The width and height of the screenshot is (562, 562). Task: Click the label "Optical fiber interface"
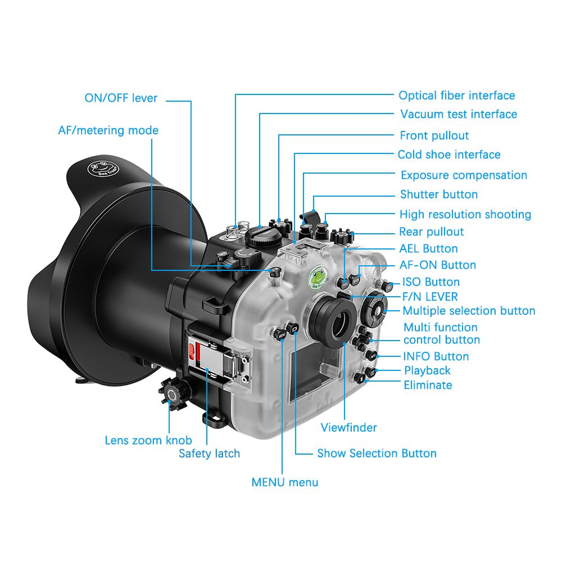[456, 96]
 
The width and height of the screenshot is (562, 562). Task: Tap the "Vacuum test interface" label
[459, 114]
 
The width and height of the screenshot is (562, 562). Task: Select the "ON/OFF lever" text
[121, 98]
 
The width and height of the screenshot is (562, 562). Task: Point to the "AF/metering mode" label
[108, 130]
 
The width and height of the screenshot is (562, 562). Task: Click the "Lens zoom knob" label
[148, 440]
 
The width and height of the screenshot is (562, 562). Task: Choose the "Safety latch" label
[209, 454]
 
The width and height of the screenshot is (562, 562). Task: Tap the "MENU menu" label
[285, 482]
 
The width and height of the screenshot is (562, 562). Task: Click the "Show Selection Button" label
[377, 453]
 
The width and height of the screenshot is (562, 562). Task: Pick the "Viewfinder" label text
[349, 427]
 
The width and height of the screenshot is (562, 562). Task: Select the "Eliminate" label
[428, 385]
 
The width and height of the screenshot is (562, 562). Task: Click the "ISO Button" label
[431, 282]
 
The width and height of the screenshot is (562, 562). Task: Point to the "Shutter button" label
[439, 194]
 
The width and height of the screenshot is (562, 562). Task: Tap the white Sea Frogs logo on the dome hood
[103, 169]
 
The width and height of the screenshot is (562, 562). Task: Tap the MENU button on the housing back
[280, 335]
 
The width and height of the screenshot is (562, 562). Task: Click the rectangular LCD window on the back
[315, 373]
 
